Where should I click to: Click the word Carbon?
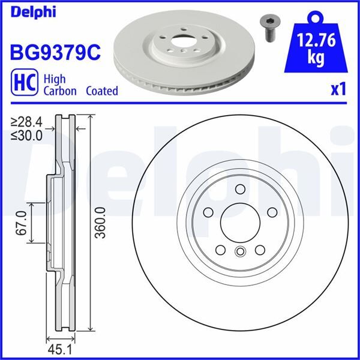(x=59, y=91)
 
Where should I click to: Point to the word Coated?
(x=101, y=91)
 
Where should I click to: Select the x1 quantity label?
(x=338, y=89)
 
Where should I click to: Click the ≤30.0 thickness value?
(x=27, y=135)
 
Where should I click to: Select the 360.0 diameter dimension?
(x=100, y=223)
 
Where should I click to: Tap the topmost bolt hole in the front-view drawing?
(x=240, y=190)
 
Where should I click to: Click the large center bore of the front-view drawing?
(x=240, y=222)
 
